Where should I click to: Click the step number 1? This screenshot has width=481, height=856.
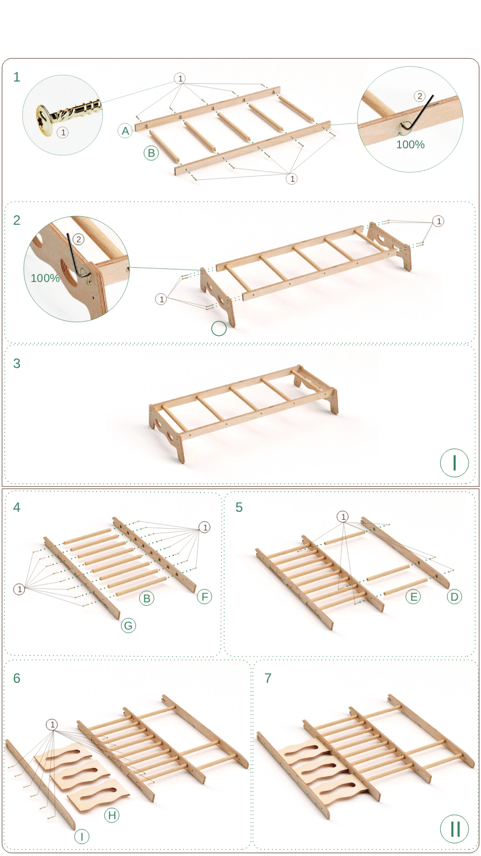click(x=16, y=77)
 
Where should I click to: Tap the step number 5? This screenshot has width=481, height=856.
click(x=239, y=507)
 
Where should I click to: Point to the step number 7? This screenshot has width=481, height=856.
click(x=268, y=678)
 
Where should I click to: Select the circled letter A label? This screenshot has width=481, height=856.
click(x=125, y=131)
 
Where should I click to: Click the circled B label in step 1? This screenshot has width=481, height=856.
click(x=151, y=153)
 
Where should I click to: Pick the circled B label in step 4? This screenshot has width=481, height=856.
click(x=147, y=598)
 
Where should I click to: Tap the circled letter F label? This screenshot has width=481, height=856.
click(x=204, y=597)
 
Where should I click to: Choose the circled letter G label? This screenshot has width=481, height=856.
click(x=128, y=626)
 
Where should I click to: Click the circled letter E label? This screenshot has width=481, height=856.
click(x=413, y=597)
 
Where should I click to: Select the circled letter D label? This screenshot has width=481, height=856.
click(x=454, y=597)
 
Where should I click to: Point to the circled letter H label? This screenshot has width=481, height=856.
click(x=112, y=815)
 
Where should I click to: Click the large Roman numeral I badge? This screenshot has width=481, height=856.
click(x=454, y=463)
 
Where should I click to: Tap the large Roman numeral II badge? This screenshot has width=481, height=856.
click(x=454, y=828)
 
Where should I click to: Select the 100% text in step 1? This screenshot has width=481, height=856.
click(x=410, y=145)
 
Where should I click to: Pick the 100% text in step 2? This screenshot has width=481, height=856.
click(x=45, y=278)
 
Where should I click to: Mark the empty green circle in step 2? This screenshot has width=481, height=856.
click(x=219, y=328)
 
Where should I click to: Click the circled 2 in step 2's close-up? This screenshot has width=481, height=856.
click(x=78, y=239)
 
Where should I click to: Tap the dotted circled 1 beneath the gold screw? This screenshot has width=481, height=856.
click(x=63, y=132)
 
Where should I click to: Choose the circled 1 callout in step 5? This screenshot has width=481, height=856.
click(x=343, y=517)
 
